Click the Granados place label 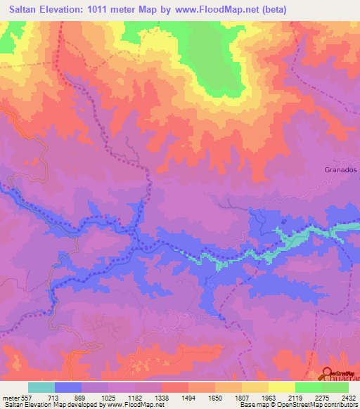pyautogui.click(x=342, y=170)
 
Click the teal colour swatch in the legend pyautogui.click(x=41, y=387)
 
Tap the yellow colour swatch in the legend pyautogui.click(x=282, y=387)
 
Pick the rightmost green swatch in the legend pyautogui.click(x=335, y=387)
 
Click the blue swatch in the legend pyautogui.click(x=68, y=387)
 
